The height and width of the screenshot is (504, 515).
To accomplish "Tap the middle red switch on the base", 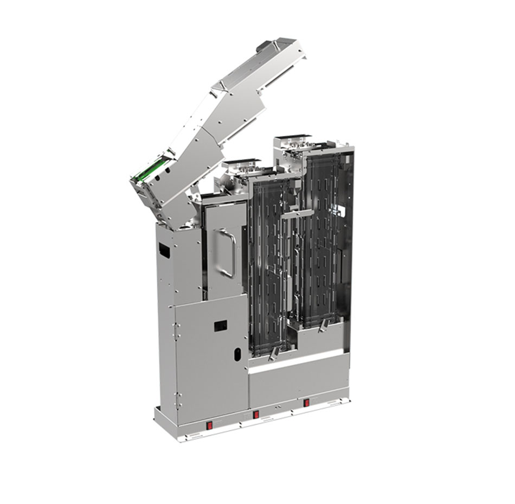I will point(256,415).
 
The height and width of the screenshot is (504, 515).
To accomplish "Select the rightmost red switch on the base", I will point(306,403).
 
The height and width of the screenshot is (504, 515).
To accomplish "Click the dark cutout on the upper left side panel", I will point(164,251).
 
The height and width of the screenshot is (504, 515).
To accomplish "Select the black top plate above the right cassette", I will point(292,136).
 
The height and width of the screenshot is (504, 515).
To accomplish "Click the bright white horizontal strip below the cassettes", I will point(295,361).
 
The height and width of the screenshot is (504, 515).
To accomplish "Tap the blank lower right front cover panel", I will point(298,382).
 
